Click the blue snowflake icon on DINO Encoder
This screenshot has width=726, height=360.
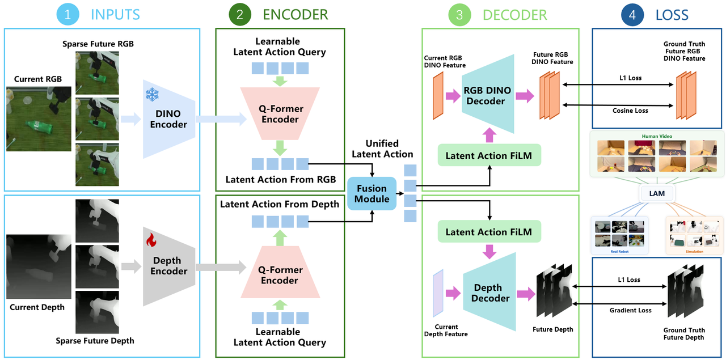[152, 95]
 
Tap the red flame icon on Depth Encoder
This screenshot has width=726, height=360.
[151, 240]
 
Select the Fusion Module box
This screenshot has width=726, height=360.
[372, 193]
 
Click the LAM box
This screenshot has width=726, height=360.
[657, 193]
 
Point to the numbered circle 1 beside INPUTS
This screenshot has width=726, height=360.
[67, 15]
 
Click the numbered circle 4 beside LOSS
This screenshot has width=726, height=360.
[632, 15]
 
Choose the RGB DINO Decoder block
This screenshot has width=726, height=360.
[488, 94]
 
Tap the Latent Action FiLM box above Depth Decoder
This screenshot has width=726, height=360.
[489, 232]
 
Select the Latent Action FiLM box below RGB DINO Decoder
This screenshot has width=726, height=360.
[489, 155]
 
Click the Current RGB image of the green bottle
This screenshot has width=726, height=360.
[39, 119]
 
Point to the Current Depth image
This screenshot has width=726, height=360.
[39, 266]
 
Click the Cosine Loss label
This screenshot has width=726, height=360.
[630, 111]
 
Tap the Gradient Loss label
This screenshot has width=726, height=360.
[630, 310]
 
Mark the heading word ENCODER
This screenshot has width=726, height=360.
[296, 15]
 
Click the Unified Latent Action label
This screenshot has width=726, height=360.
[382, 149]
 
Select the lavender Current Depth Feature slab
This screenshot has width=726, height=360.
[438, 293]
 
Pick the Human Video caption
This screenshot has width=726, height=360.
[657, 136]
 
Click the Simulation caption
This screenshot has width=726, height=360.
[694, 252]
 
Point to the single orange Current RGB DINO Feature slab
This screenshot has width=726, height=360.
[438, 96]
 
